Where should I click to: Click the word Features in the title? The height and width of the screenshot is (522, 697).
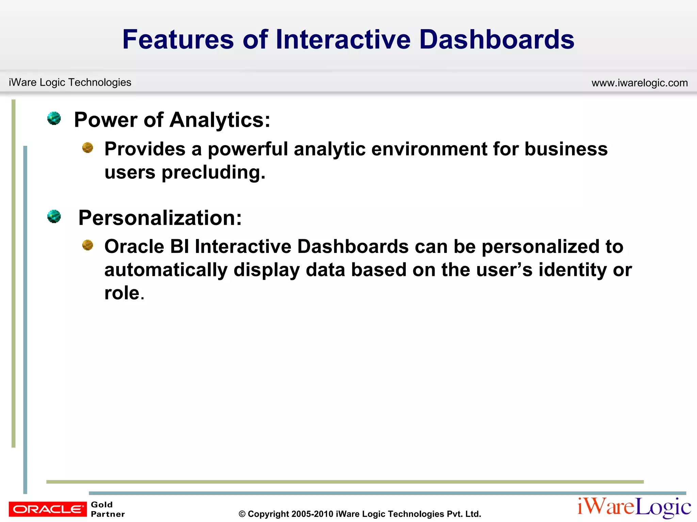click(178, 39)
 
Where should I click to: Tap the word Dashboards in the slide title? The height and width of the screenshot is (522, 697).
click(497, 39)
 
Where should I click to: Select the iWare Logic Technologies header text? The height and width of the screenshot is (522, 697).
click(70, 82)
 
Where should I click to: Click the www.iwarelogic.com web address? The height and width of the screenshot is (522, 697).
click(639, 83)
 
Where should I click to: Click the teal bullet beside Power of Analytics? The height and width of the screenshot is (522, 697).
click(54, 118)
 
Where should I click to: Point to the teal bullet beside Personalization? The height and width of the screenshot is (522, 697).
click(54, 216)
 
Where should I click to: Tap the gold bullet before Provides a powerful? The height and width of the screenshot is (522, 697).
click(88, 147)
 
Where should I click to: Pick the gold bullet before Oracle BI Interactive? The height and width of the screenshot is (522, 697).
click(88, 245)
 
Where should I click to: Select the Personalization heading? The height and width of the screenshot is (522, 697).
click(160, 218)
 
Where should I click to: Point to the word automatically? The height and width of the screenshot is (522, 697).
click(166, 270)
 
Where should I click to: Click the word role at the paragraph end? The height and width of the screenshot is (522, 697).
click(122, 293)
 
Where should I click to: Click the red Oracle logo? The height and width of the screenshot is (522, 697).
click(48, 509)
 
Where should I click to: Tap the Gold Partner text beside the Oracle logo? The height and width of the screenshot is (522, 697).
click(108, 509)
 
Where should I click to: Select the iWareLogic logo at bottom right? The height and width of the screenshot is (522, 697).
click(634, 507)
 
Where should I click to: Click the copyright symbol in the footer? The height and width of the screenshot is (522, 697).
click(242, 514)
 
